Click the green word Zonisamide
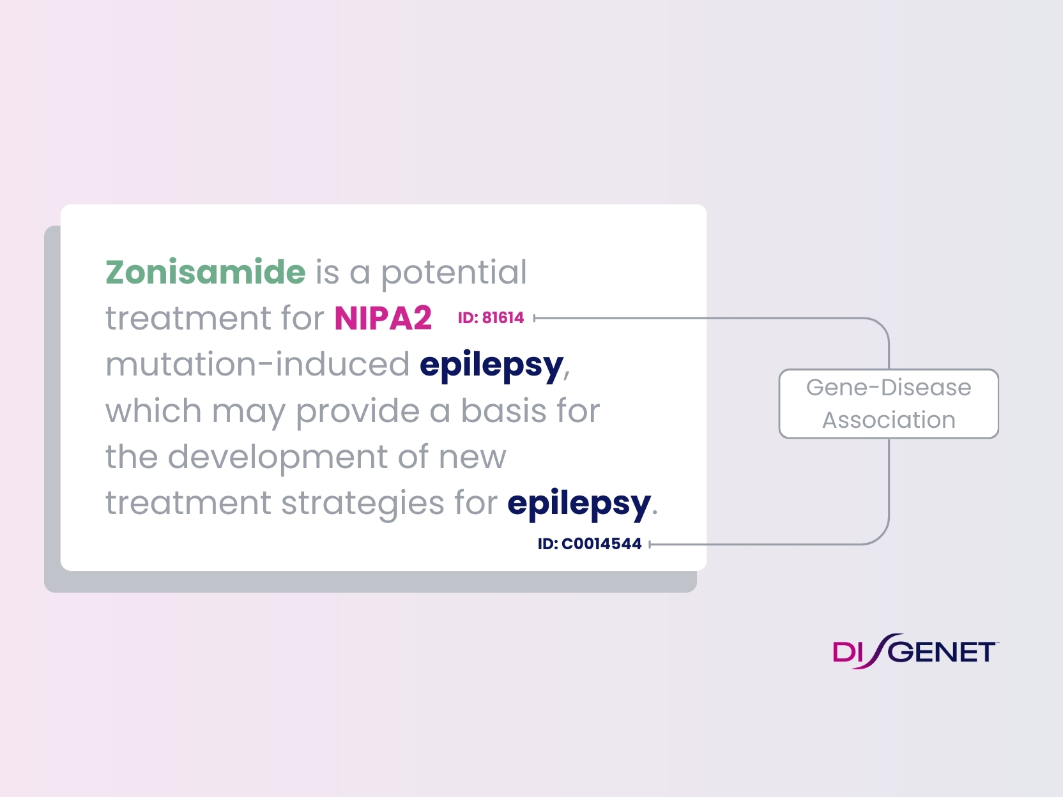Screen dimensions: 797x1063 [x=206, y=272]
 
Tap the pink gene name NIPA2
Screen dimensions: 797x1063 [x=383, y=318]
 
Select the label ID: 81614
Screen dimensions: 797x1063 [x=491, y=318]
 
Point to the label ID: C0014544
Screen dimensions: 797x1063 [x=589, y=544]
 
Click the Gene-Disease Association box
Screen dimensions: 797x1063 [x=889, y=404]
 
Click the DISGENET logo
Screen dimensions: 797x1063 [x=914, y=652]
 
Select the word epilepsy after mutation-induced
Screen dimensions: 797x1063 [x=491, y=365]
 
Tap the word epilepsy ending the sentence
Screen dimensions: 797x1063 [x=579, y=504]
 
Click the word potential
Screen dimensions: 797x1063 [x=454, y=273]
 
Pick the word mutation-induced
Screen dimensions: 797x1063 [x=257, y=365]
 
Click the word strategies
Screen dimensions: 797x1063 [x=362, y=503]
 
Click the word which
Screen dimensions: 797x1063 [x=153, y=411]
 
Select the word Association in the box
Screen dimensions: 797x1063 [x=889, y=420]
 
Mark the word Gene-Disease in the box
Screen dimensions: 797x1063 [x=889, y=388]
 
